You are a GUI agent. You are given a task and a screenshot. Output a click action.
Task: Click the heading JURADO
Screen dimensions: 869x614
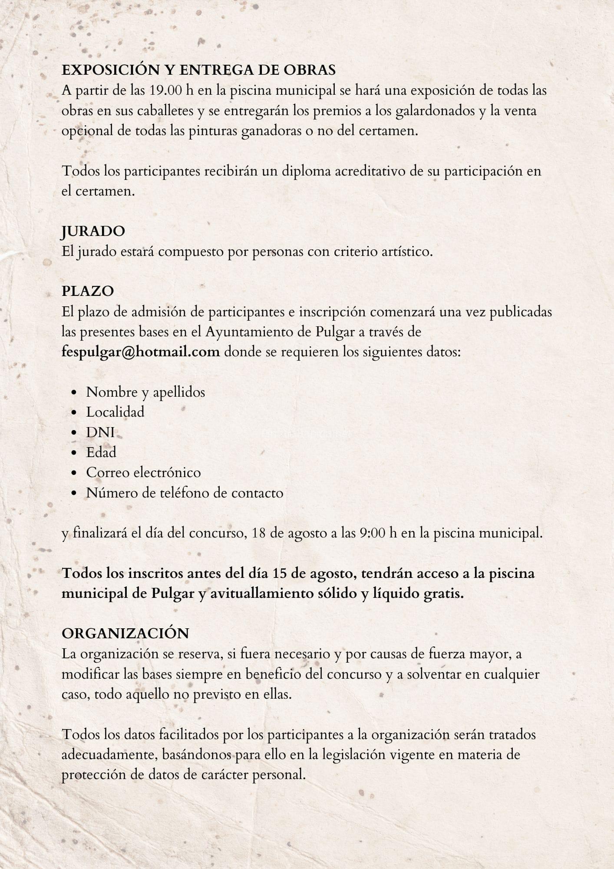[x=93, y=231]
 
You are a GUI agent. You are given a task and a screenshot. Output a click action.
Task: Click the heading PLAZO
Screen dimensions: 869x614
[x=88, y=291]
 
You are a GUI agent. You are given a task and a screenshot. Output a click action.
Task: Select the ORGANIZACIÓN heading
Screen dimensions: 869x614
[x=125, y=633]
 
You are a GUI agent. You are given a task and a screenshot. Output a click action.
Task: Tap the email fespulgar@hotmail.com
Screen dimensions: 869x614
[x=141, y=351]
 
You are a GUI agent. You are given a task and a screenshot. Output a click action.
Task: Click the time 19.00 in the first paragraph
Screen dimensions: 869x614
[x=166, y=90]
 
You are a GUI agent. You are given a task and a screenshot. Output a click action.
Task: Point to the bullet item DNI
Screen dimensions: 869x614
[x=100, y=432]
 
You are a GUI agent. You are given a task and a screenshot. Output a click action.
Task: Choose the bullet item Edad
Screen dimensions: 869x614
[x=101, y=452]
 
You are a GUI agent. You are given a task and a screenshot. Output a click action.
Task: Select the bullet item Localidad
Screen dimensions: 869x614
[x=115, y=412]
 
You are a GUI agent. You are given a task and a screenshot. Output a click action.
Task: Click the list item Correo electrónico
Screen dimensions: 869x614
[x=143, y=472]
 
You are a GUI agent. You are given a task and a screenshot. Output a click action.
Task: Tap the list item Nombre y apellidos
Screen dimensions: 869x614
[x=145, y=392]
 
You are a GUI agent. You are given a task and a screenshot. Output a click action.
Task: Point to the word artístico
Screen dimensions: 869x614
[x=405, y=251]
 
